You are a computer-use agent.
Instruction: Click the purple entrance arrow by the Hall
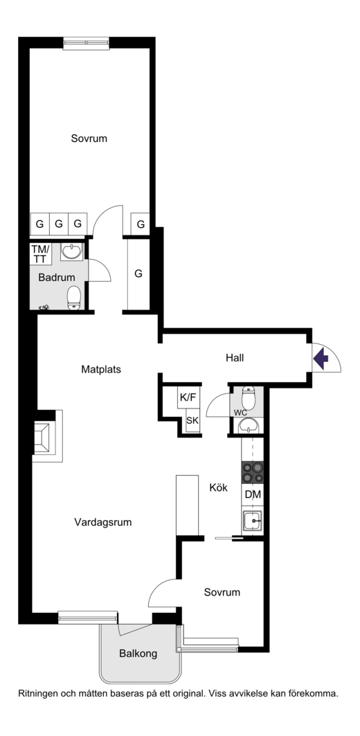pos(321,359)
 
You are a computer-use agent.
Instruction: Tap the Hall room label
pos(235,358)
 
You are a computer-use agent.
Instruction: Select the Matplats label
pos(101,370)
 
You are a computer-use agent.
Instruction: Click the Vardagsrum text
pos(102,522)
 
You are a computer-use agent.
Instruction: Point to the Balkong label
pos(138,654)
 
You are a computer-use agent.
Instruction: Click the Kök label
pos(218,487)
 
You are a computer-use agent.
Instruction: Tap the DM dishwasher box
pos(253,495)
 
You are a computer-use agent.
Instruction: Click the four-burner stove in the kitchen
pos(253,473)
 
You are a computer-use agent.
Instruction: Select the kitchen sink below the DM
pos(253,521)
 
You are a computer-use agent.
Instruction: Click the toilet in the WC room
pos(248,398)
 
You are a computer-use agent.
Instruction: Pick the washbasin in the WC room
pos(248,426)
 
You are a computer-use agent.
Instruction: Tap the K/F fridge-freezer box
pos(188,397)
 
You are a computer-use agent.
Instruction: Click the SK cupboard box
pos(192,420)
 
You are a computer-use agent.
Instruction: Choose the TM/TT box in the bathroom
pos(39,253)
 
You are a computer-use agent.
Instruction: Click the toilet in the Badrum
pos(74,298)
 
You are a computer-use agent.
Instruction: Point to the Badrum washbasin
pos(72,251)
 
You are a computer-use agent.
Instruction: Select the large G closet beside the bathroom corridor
pos(138,273)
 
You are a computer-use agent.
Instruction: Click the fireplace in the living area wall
pos(46,436)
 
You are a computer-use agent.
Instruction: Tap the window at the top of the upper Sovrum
pos(87,43)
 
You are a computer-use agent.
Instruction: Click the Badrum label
pos(57,278)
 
